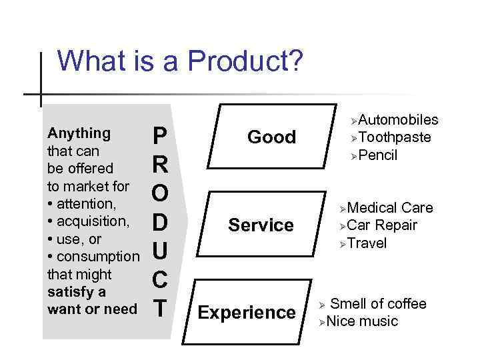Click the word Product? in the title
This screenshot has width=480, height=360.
coord(245,62)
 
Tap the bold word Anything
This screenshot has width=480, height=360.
coord(79,133)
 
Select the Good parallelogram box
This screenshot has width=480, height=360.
coord(271,137)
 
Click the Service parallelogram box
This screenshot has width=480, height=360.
coord(261,225)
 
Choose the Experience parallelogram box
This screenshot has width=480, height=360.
coord(247,312)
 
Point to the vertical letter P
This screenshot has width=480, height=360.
coord(159,137)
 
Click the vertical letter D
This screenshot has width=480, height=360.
coord(160,221)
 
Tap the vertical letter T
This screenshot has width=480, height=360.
coord(160,309)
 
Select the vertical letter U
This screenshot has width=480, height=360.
coord(160,251)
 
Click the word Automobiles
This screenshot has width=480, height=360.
coord(398,119)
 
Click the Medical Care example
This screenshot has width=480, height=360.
coord(390,208)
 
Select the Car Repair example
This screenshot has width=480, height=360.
coord(382,225)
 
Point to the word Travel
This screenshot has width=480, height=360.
coord(367,243)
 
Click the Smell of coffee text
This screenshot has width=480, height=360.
coord(378,304)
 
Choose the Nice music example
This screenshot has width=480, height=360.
coord(362,321)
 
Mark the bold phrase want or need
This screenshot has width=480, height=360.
coord(92,309)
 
